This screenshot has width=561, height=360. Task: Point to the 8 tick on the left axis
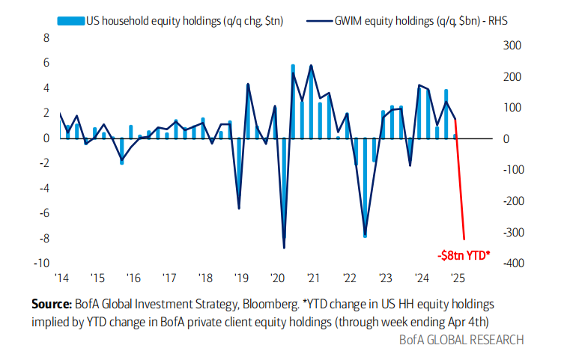point(45,38)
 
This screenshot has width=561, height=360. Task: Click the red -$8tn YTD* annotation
point(463,254)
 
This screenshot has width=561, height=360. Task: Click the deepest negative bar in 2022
point(365,187)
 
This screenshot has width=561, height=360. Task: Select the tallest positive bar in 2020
point(292,101)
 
